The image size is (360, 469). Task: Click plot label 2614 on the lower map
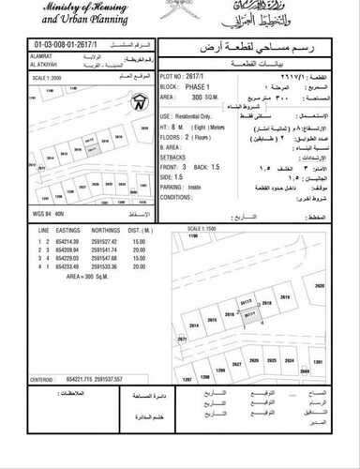click(194, 325)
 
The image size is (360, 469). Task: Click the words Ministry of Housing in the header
click(70, 10)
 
